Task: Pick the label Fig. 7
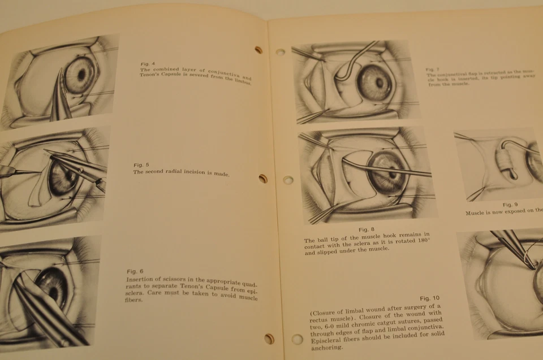pyautogui.click(x=433, y=70)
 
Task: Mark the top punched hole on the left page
pyautogui.click(x=258, y=50)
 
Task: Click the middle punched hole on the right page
pyautogui.click(x=288, y=180)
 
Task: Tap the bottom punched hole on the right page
pyautogui.click(x=297, y=340)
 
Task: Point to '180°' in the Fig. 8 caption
pyautogui.click(x=437, y=241)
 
